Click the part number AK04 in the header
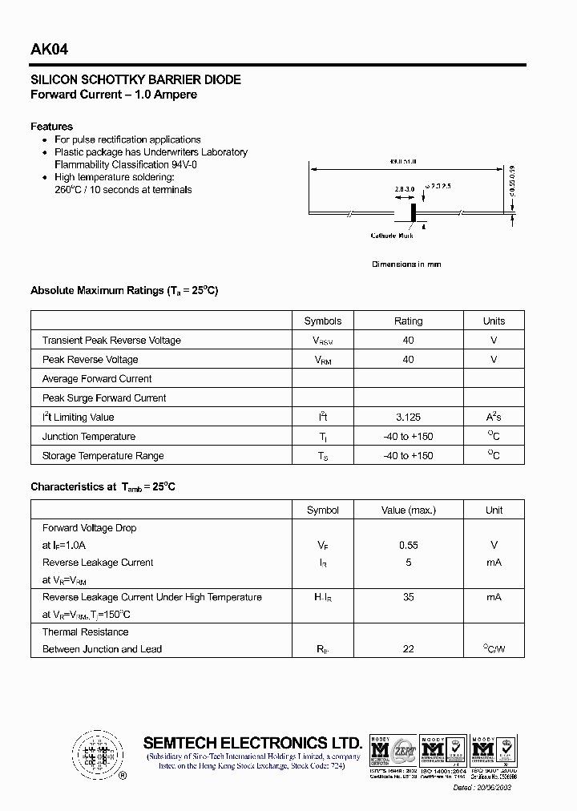49,50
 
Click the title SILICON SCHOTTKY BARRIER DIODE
135,80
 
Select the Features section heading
51,127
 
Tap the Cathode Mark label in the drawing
392,236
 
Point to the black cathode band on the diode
414,212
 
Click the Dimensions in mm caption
406,264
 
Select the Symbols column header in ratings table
323,321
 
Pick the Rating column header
408,321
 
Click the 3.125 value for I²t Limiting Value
408,418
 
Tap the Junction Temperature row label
89,437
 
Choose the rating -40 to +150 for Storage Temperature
408,456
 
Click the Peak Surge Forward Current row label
104,398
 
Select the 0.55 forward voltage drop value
408,546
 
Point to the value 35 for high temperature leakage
408,598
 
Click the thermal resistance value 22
408,649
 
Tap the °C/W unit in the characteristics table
494,649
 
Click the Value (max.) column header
408,510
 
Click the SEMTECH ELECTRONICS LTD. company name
252,743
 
